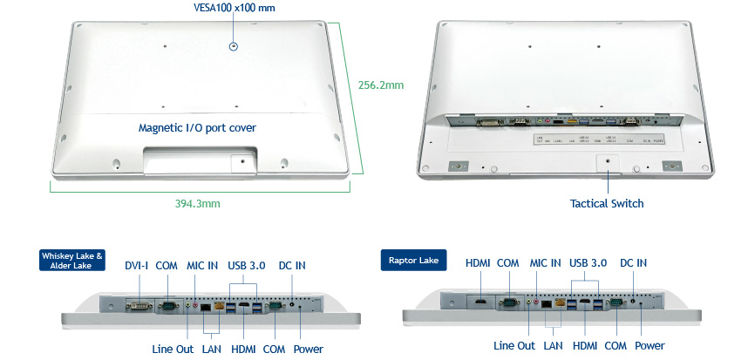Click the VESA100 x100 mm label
(233, 8)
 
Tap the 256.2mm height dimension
(381, 85)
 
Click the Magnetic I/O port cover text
(197, 127)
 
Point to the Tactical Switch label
(607, 203)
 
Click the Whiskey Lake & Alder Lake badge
(72, 261)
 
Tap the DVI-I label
(138, 265)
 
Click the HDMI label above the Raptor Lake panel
(478, 262)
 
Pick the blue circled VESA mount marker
(233, 46)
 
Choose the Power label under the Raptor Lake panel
(650, 346)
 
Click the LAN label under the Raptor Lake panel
(553, 346)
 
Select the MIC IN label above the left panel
(201, 265)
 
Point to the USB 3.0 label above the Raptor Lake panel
(588, 262)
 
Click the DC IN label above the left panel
(292, 265)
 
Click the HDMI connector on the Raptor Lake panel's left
(480, 302)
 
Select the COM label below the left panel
(275, 349)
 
